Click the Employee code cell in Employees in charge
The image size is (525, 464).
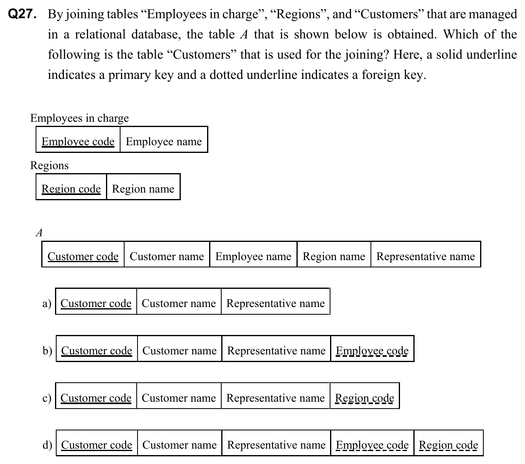click(x=78, y=141)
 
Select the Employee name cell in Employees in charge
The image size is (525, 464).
click(x=164, y=141)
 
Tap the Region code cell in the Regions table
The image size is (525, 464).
click(x=71, y=189)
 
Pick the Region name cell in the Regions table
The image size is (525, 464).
click(x=143, y=189)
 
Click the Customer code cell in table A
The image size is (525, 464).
click(x=83, y=256)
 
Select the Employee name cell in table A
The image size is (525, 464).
click(x=253, y=256)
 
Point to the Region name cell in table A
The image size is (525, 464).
click(x=334, y=256)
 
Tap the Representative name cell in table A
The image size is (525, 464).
click(x=426, y=256)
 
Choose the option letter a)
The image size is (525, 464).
click(x=47, y=303)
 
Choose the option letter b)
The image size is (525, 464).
click(x=47, y=350)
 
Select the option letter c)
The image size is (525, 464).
click(x=47, y=398)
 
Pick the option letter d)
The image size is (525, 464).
click(x=47, y=445)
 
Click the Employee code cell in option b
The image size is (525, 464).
click(x=372, y=350)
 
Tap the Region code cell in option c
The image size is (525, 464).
click(x=364, y=398)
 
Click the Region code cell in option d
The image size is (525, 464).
click(x=448, y=445)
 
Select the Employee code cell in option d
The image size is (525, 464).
click(x=372, y=445)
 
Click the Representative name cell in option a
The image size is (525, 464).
click(x=275, y=303)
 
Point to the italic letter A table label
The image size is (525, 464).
click(x=39, y=232)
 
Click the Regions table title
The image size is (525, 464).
click(x=49, y=165)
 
